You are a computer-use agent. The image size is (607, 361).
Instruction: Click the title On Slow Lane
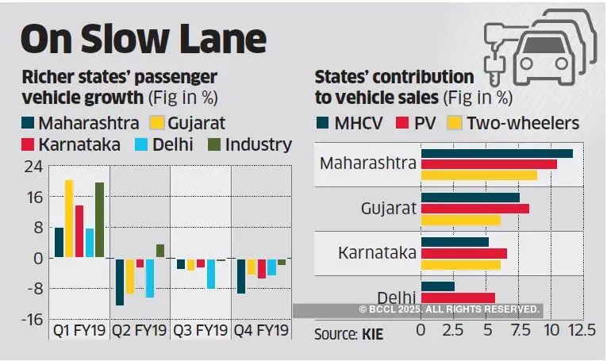pos(143,39)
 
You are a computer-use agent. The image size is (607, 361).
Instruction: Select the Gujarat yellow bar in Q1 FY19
pos(69,218)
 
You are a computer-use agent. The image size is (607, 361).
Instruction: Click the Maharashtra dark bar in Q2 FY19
pos(120,282)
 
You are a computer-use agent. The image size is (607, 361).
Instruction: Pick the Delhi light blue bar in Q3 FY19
pos(211,273)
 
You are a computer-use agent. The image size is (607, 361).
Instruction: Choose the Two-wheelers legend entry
pos(514,123)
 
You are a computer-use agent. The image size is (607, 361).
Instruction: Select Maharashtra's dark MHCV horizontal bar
pos(497,153)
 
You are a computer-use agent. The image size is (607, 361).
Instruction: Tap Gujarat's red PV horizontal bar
pos(474,208)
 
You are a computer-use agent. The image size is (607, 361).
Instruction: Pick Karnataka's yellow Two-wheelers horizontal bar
pos(460,264)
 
